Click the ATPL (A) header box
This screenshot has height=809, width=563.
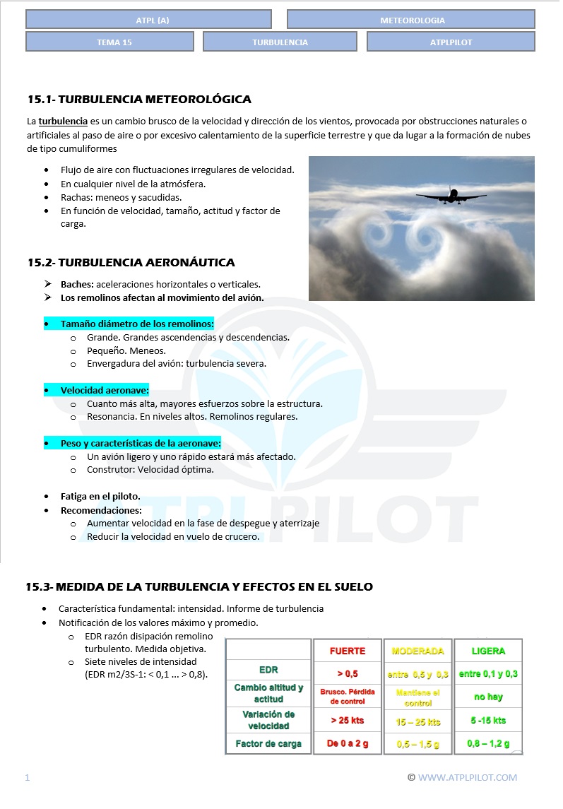148,20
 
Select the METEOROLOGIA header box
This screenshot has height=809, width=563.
411,20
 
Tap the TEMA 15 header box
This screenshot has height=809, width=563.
109,42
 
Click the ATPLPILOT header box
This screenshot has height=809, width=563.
451,42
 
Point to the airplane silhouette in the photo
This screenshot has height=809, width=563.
451,195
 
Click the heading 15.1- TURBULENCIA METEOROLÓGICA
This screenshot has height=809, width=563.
139,99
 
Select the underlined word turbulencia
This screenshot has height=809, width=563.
63,121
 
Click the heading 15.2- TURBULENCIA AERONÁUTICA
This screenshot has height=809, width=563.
131,263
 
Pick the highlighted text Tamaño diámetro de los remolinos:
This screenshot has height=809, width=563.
137,324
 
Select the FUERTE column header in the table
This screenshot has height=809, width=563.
348,651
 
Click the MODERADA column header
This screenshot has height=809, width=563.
417,651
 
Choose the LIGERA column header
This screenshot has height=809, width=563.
488,651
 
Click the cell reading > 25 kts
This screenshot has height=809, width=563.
348,720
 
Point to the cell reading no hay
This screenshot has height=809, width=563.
488,697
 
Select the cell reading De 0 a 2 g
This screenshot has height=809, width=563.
348,743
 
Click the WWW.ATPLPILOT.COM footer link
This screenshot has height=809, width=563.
467,778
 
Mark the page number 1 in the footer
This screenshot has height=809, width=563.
28,778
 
